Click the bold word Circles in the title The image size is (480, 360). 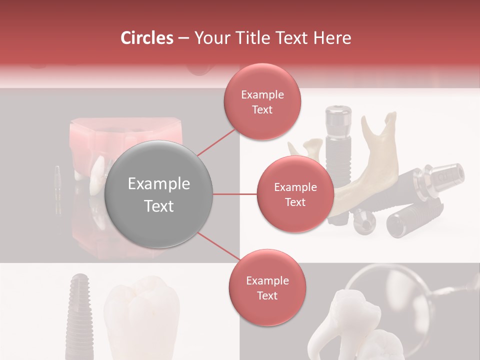pos(147,38)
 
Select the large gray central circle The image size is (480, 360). pos(158,194)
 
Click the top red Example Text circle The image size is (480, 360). pos(262,101)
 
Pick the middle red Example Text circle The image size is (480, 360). pos(295,194)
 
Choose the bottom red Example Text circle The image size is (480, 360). pos(267,288)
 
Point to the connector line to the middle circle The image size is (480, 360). pos(235,194)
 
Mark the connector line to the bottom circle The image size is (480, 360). pos(217,247)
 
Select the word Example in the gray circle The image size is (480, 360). pos(158,184)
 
